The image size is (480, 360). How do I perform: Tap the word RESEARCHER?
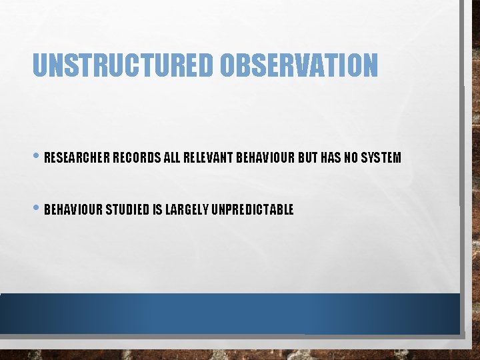click(77, 158)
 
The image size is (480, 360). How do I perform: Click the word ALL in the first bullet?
click(172, 158)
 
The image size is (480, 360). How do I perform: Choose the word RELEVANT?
click(208, 158)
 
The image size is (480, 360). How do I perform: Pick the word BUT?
click(308, 158)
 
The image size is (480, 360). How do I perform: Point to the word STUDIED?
click(129, 210)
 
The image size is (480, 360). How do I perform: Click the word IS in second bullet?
click(157, 210)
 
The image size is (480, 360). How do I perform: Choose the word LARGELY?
click(187, 210)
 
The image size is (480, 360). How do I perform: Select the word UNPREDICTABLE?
click(252, 210)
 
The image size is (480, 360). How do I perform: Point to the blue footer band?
click(230, 313)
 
